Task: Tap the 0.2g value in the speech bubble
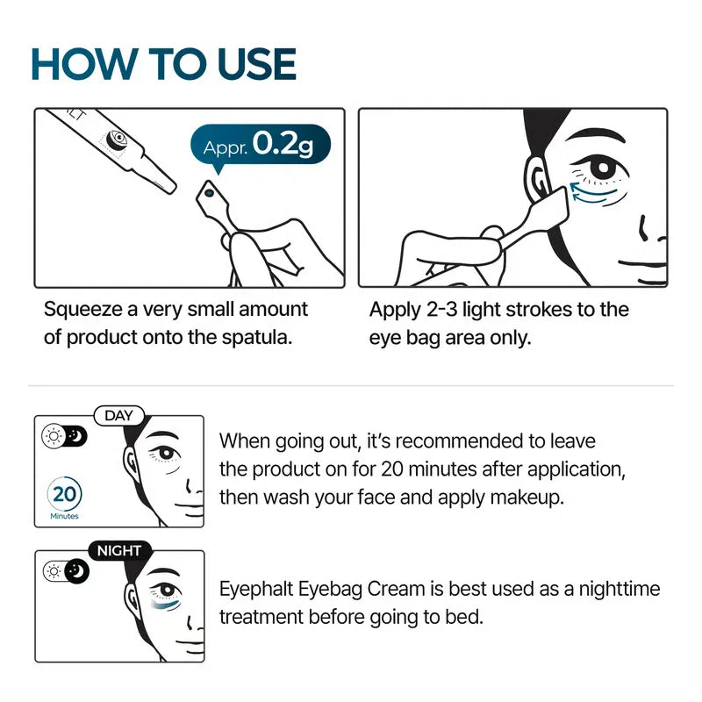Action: [283, 142]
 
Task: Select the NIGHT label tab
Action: [118, 551]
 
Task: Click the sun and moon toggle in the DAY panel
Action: [64, 437]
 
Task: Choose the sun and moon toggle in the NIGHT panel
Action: [64, 571]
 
